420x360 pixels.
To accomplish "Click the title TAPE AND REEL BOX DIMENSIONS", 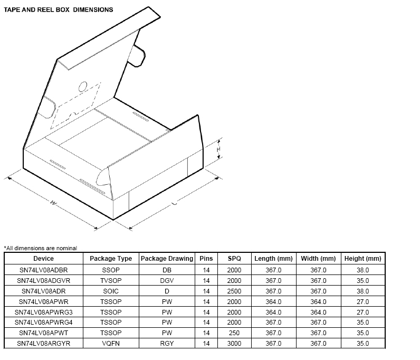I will click(x=59, y=10).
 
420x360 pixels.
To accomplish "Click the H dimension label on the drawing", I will click(x=218, y=150).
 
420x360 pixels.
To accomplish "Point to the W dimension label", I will click(x=53, y=203).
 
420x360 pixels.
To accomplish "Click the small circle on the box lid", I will click(x=83, y=87).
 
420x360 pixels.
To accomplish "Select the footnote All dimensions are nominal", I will click(x=41, y=248).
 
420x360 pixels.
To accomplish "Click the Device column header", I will click(x=43, y=259).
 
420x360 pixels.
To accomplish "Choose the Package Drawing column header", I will click(x=167, y=259).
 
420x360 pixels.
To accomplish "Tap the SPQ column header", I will click(x=234, y=259).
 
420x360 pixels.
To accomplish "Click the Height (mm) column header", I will click(x=362, y=259).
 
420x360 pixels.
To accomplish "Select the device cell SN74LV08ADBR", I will click(x=43, y=270).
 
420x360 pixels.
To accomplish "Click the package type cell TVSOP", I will click(x=111, y=280).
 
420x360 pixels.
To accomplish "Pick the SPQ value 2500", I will click(x=234, y=291).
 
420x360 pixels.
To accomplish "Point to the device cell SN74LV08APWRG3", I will click(x=43, y=312).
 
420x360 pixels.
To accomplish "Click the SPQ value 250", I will click(x=234, y=333).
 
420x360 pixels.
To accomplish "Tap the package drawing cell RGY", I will click(x=167, y=344).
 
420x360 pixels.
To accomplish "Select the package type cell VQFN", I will click(x=111, y=344).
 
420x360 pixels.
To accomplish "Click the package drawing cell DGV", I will click(x=167, y=280).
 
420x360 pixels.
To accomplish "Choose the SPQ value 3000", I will click(x=234, y=344).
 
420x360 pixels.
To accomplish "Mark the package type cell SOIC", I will click(x=111, y=291).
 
